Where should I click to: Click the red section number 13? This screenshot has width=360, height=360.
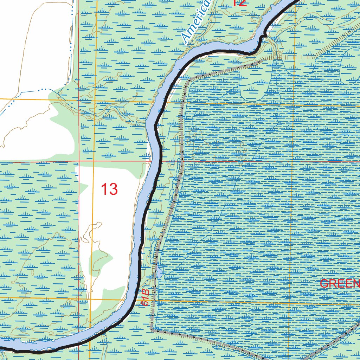pos(109,189)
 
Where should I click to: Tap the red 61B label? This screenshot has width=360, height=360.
pos(146,297)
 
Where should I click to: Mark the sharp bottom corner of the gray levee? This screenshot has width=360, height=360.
pos(152,330)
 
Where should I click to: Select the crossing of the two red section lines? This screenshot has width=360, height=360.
pos(79,162)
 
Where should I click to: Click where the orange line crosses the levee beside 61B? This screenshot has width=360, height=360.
pos(153,300)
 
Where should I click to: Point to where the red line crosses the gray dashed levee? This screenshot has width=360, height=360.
pos(182,161)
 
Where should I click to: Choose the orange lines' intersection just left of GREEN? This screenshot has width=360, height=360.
pos(290,303)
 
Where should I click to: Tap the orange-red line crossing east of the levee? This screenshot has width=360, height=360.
pos(292,161)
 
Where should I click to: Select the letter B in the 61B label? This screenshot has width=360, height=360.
pos(146,292)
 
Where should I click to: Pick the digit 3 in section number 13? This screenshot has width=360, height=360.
pos(113,189)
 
